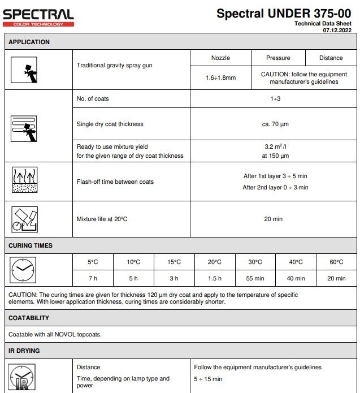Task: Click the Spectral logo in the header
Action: tap(38, 17)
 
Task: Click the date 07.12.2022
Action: tap(337, 30)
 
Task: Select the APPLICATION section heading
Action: tap(29, 42)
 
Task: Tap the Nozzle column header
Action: tap(220, 58)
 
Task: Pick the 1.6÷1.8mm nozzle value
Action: tap(220, 78)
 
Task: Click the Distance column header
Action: tap(331, 58)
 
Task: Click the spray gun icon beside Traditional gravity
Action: tap(24, 70)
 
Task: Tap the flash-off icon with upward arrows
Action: tap(24, 182)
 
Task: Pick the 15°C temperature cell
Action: tap(174, 262)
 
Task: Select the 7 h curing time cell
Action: tap(93, 278)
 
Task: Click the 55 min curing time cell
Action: tap(255, 278)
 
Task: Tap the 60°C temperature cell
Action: tap(336, 262)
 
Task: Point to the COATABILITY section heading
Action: tap(29, 318)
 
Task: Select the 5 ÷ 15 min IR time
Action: tap(208, 379)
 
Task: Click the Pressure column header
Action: tap(278, 58)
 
